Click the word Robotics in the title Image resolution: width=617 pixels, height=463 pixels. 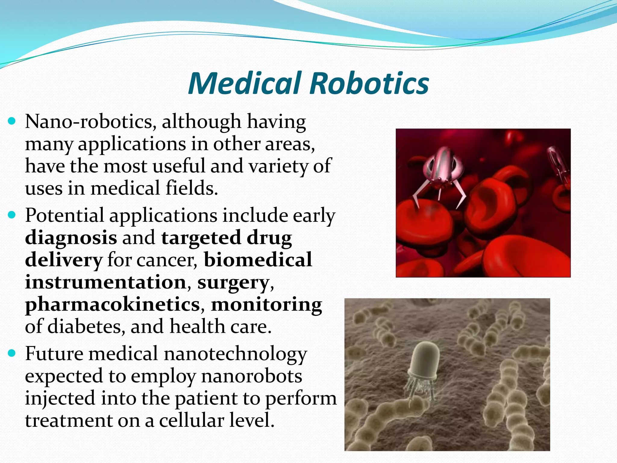coord(369,83)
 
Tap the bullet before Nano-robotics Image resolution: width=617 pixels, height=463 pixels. coord(12,121)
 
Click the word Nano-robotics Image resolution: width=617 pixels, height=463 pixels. coord(90,121)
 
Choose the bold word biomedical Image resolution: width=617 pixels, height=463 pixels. coord(258,260)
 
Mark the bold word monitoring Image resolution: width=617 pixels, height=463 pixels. coord(266,304)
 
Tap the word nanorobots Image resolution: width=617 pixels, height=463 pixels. coord(252,376)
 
